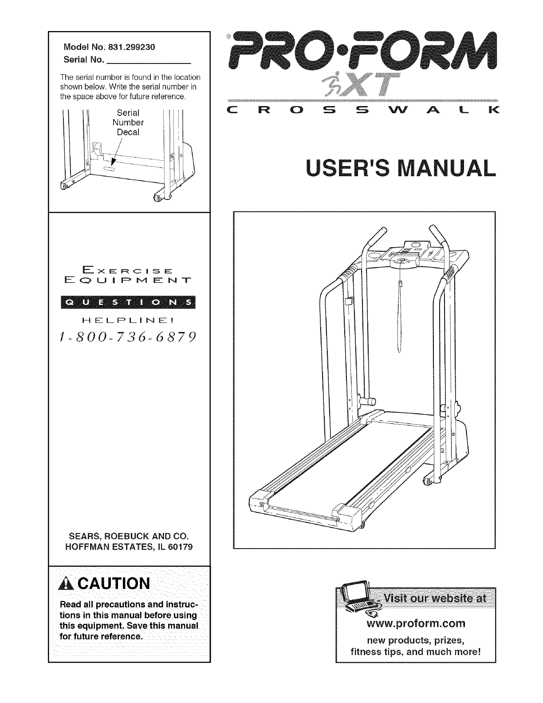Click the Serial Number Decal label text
[128, 122]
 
